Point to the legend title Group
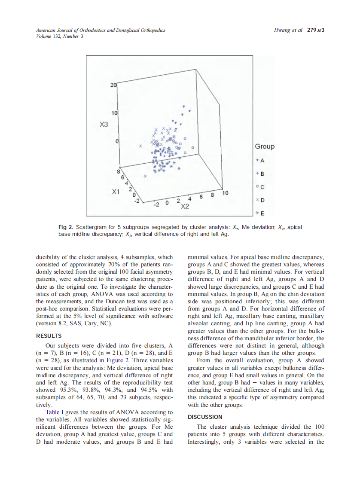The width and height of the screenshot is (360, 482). (x=265, y=146)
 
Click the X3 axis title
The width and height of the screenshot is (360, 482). (x=104, y=125)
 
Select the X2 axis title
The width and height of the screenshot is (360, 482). (x=186, y=207)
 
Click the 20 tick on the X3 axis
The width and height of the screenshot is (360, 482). (x=113, y=85)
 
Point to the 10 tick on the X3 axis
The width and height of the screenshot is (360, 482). (x=114, y=113)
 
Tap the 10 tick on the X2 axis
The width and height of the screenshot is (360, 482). (x=225, y=193)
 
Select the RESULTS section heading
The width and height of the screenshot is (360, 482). (x=49, y=336)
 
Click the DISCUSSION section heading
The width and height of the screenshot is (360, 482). (x=205, y=417)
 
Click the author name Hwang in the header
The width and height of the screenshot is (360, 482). (x=282, y=31)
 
